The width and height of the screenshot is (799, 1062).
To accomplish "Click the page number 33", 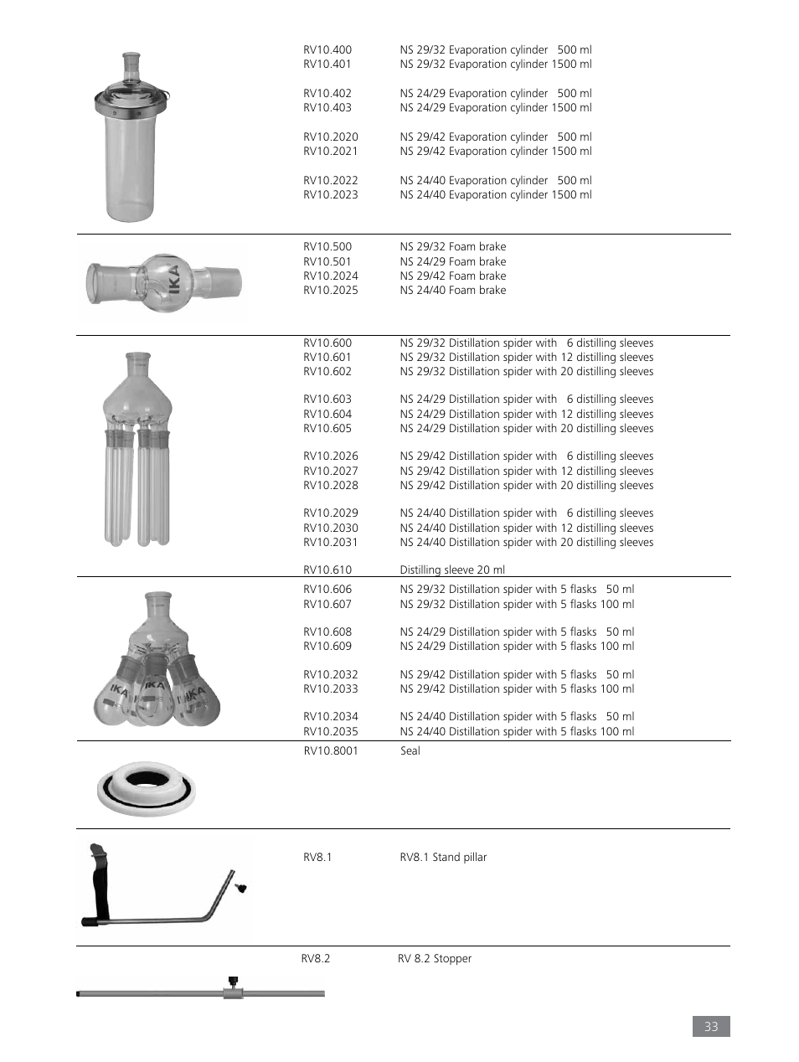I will pos(711,1026).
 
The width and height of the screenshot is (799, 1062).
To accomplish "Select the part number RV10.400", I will pos(327,50).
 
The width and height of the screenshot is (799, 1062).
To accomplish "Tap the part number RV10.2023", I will pos(331,195).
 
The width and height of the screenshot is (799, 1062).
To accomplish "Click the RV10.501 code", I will pos(327,261).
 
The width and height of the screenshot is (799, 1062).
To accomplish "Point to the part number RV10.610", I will pos(327,570).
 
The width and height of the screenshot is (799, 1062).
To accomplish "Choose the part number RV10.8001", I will pos(331,751).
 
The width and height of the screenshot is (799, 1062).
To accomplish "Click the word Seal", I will pos(410,751).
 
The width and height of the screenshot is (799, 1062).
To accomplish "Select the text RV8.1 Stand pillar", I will pos(443,858).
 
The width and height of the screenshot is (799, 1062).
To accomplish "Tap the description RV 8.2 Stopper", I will pos(435,959).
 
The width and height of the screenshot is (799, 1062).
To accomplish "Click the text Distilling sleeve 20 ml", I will pos(452,570).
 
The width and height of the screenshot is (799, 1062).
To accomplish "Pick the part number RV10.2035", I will pos(331,732).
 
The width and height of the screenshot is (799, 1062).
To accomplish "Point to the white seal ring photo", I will pos(147,788).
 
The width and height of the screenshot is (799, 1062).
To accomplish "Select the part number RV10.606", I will pos(327,590).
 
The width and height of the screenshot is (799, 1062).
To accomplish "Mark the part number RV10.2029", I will pos(331,513).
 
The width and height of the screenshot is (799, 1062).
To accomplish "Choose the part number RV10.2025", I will pos(331,291).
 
